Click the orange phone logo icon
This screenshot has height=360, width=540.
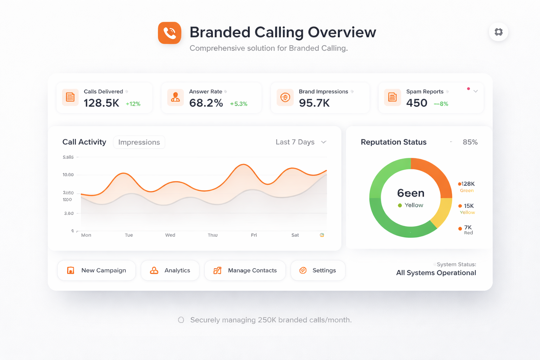[169, 33]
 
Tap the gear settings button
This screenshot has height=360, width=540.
[499, 32]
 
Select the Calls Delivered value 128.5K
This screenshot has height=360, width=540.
[101, 103]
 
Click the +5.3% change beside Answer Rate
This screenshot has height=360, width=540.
[238, 104]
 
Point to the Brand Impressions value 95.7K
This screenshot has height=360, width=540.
[314, 103]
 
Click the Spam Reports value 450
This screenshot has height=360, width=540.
[417, 103]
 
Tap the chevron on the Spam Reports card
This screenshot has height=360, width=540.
[475, 91]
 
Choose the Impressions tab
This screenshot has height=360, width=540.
[139, 142]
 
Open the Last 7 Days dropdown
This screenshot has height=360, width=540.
[301, 142]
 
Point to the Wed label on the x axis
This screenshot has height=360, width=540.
[170, 235]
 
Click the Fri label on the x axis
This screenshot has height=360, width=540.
[254, 235]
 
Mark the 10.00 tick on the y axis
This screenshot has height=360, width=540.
[68, 175]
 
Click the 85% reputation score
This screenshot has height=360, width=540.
[470, 142]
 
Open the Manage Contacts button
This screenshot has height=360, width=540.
[245, 270]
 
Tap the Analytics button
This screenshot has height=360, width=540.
[170, 270]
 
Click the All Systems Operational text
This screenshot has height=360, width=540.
[436, 273]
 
